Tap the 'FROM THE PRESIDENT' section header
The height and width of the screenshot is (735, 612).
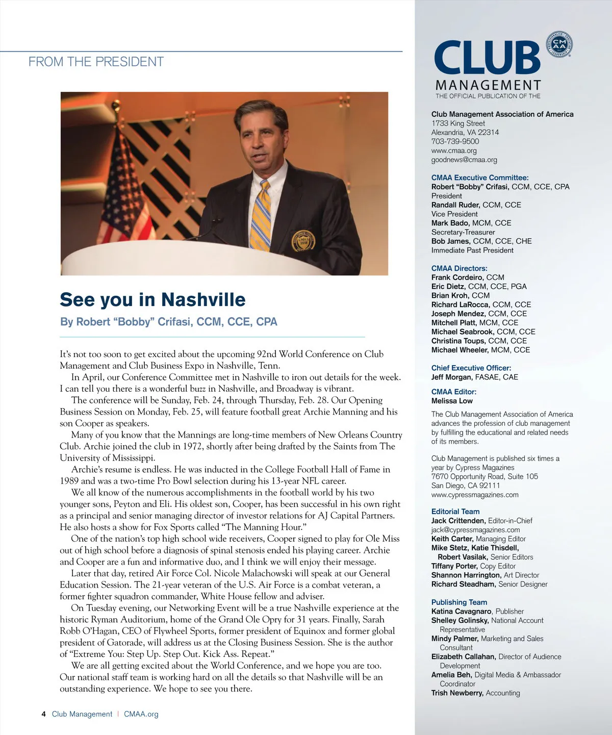click(96, 62)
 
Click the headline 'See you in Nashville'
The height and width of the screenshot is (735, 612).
click(152, 299)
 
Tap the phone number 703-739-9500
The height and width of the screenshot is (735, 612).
click(455, 141)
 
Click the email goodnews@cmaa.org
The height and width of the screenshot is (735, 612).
click(464, 160)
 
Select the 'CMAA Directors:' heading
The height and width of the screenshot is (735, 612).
click(459, 268)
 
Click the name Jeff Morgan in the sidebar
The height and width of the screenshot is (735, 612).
click(451, 377)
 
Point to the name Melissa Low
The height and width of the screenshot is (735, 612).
click(452, 401)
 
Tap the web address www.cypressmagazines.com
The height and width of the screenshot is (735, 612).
click(475, 495)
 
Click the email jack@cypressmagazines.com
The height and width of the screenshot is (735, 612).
click(475, 530)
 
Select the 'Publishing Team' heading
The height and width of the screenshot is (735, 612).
click(459, 602)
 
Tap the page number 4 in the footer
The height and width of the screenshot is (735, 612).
click(44, 714)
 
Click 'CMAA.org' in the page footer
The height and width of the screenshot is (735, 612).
click(141, 714)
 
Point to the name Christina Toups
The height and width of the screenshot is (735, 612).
click(458, 341)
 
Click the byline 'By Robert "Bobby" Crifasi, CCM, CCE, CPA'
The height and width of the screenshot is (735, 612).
click(169, 322)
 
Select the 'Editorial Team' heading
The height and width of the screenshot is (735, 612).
click(455, 512)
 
